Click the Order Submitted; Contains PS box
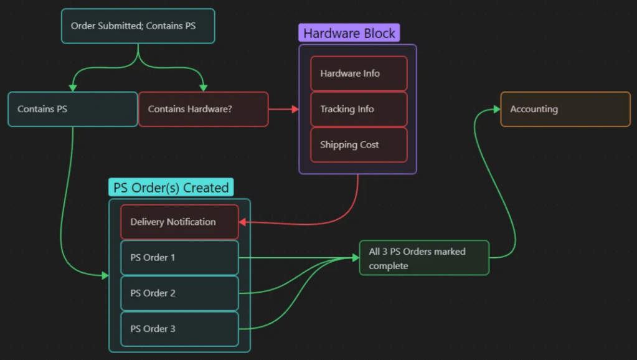(x=138, y=26)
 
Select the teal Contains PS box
(x=73, y=109)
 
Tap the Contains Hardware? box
(x=203, y=109)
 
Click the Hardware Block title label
(x=349, y=33)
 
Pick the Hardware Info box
(x=359, y=73)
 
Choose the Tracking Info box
(x=359, y=109)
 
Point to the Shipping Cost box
(x=359, y=144)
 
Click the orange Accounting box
(x=565, y=109)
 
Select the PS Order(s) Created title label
(x=171, y=187)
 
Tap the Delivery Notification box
(x=179, y=222)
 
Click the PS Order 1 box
(x=179, y=257)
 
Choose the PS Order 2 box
(x=179, y=293)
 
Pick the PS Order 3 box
(x=179, y=328)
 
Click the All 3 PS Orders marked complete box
(x=424, y=258)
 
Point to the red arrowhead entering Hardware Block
(x=295, y=109)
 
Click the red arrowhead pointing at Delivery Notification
(x=243, y=222)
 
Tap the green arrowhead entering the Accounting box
(x=497, y=109)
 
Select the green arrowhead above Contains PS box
(x=73, y=88)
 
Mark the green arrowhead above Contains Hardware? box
(x=203, y=88)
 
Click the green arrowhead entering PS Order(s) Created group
(x=105, y=275)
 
